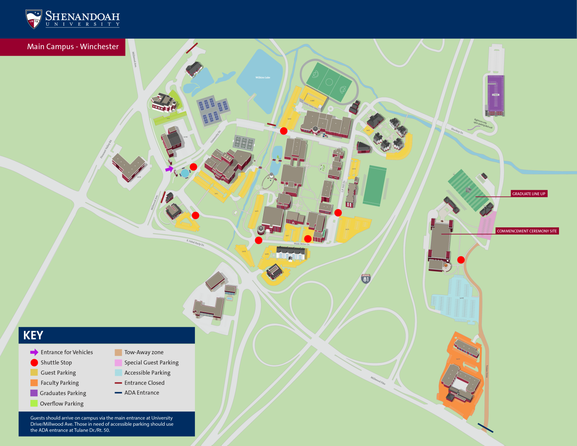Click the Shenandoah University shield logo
click(33, 19)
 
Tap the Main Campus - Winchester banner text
click(73, 47)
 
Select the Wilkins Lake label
click(263, 77)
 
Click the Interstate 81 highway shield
click(366, 278)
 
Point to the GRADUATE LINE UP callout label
click(529, 194)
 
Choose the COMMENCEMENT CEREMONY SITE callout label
click(527, 231)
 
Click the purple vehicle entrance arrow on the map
click(169, 169)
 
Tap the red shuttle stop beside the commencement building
click(461, 260)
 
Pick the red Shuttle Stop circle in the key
click(34, 363)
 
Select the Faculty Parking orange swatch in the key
click(34, 383)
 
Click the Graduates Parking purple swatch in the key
click(34, 393)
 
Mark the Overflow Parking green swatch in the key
click(34, 404)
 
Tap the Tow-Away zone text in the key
click(144, 352)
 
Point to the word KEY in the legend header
click(33, 336)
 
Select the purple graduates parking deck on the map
click(495, 95)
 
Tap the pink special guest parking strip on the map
click(487, 225)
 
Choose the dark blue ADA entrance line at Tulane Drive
click(485, 428)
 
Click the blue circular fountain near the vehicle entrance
click(185, 173)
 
